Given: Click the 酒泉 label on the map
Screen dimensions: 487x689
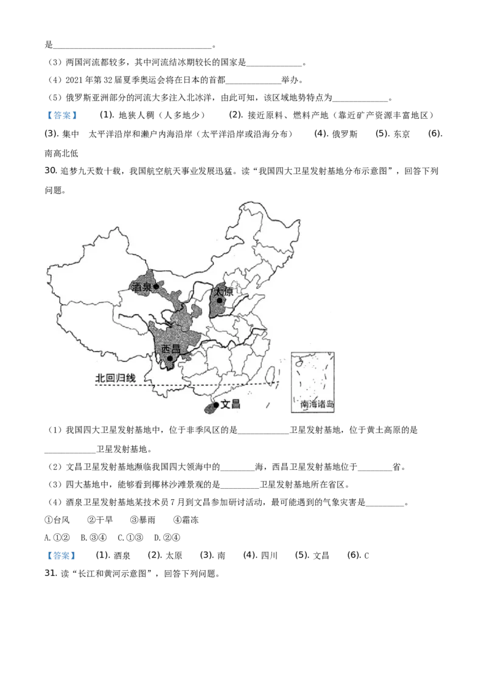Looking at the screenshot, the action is tap(142, 287).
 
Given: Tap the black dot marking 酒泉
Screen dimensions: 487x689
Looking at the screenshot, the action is tap(156, 285).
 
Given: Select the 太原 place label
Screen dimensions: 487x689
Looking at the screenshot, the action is tap(224, 292).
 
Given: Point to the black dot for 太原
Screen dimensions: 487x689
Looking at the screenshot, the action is tap(219, 300).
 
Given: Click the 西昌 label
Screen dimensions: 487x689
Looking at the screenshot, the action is tap(171, 349).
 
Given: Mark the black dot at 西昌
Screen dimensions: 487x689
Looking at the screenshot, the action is tap(170, 358).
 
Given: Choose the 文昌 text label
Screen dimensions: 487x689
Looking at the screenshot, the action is tap(230, 404).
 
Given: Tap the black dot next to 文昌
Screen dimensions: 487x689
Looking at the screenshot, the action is tap(216, 404).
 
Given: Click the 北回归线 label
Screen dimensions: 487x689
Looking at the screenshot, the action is tap(115, 377).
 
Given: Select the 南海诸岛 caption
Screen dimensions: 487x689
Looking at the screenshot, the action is tap(313, 404).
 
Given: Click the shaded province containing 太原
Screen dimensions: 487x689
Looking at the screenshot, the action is tap(217, 307).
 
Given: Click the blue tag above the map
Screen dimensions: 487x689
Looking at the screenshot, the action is tap(61, 114).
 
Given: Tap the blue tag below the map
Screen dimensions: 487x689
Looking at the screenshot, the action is tap(61, 555).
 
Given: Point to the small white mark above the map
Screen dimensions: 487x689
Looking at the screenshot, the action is tap(80, 135).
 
